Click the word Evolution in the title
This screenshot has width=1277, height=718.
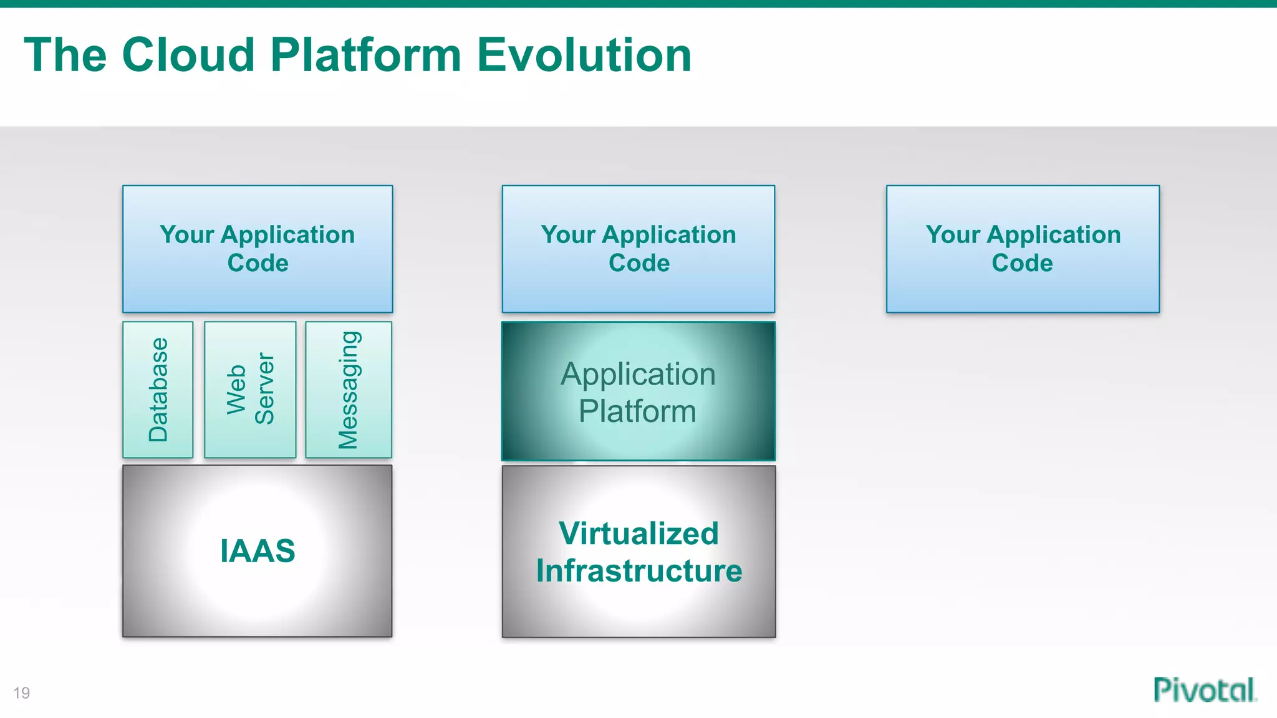pyautogui.click(x=584, y=55)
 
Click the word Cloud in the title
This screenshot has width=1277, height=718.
pyautogui.click(x=188, y=55)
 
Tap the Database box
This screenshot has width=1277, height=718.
pyautogui.click(x=158, y=390)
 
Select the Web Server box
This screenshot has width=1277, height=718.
pyautogui.click(x=250, y=390)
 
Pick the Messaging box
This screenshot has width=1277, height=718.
pyautogui.click(x=349, y=390)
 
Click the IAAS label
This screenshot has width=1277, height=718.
pyautogui.click(x=258, y=551)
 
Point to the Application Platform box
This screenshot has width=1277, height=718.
pyautogui.click(x=638, y=391)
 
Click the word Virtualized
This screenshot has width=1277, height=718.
pyautogui.click(x=638, y=534)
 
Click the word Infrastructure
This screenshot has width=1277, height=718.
pyautogui.click(x=639, y=571)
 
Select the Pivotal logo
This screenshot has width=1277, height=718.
pyautogui.click(x=1204, y=690)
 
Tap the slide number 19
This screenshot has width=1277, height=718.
pyautogui.click(x=21, y=693)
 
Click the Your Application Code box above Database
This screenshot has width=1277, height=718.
pyautogui.click(x=258, y=249)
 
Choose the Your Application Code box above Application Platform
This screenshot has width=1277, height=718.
pyautogui.click(x=638, y=249)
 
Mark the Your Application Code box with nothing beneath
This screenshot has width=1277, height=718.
pyautogui.click(x=1023, y=249)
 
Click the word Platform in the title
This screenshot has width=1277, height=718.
pyautogui.click(x=365, y=55)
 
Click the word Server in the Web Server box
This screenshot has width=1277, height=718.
pyautogui.click(x=264, y=389)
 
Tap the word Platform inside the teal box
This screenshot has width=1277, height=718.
pyautogui.click(x=637, y=411)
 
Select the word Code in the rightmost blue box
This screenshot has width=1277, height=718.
pyautogui.click(x=1022, y=263)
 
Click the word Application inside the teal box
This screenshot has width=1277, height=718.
pyautogui.click(x=638, y=374)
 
